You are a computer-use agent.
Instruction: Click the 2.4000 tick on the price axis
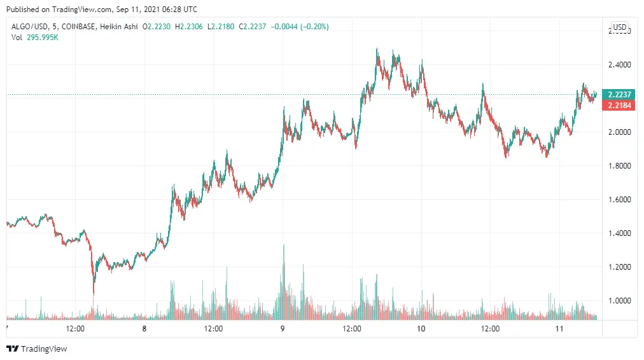click(x=619, y=64)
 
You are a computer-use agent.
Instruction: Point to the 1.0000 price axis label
click(x=619, y=300)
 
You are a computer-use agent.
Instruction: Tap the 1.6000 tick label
click(x=619, y=200)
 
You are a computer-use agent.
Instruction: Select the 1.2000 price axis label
click(x=619, y=267)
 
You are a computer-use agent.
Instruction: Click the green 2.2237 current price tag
click(x=619, y=94)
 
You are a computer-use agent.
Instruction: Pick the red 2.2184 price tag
click(x=619, y=106)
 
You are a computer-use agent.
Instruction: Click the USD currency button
click(x=620, y=27)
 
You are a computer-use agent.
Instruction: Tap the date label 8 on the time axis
click(x=144, y=329)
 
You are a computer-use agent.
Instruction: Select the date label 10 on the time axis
click(x=421, y=329)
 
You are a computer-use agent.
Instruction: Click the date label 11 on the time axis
click(x=559, y=329)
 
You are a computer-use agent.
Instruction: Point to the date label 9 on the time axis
click(x=283, y=329)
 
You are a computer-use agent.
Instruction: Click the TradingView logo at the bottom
click(x=36, y=349)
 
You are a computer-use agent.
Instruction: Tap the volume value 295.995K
click(x=43, y=38)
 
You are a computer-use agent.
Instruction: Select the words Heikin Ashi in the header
click(x=119, y=27)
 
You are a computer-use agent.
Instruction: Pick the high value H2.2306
click(x=189, y=27)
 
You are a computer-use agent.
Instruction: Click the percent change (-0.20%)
click(x=314, y=27)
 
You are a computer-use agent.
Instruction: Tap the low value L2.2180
click(x=221, y=27)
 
